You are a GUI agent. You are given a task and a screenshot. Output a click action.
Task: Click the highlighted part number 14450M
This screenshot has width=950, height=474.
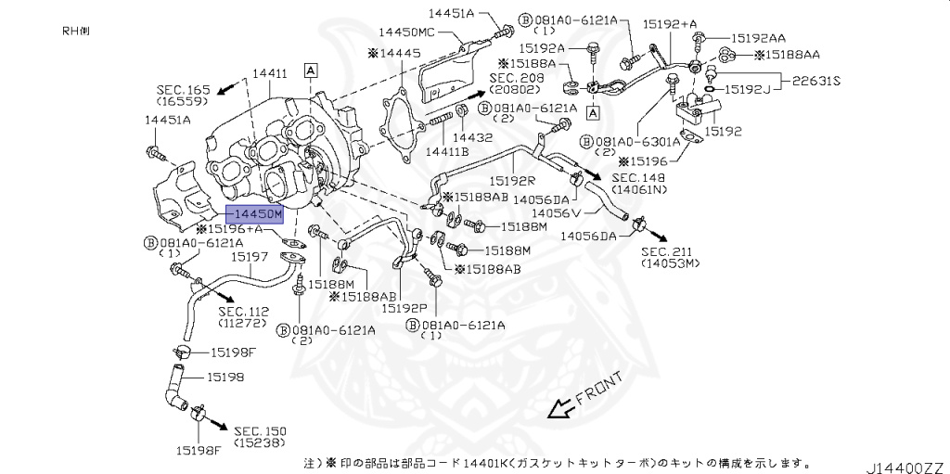[x=252, y=214]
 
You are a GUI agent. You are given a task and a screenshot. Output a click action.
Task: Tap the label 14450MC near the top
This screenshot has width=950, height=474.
[x=428, y=32]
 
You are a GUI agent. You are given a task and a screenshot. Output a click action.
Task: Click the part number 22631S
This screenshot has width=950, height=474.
[x=816, y=81]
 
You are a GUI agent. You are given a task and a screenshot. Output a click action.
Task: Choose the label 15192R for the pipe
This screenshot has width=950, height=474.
[x=511, y=182]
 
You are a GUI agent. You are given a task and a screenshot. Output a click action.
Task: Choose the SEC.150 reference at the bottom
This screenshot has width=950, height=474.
[x=260, y=431]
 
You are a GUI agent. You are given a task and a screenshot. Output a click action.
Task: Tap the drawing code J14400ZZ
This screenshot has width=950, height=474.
[x=905, y=464]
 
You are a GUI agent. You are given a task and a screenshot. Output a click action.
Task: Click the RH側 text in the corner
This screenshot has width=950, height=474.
[x=76, y=31]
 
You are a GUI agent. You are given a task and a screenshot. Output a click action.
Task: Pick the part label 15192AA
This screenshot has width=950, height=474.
[x=757, y=38]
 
